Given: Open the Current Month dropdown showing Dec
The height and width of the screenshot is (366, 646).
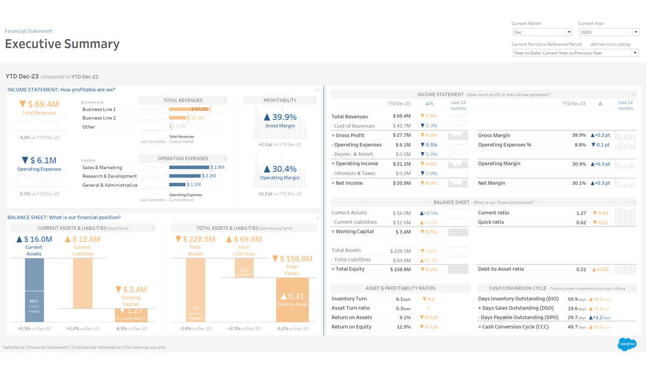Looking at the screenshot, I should pos(542,32).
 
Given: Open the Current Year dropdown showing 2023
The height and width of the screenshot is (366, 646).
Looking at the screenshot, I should pos(608,32).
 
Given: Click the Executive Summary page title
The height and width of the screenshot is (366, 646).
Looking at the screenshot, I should pos(62,44).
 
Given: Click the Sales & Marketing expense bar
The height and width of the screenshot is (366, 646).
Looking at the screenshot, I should pos(189,167).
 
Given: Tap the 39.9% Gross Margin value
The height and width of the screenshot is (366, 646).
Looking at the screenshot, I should pos(280,117).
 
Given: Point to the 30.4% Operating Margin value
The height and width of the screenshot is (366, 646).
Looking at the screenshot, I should pos(280,169).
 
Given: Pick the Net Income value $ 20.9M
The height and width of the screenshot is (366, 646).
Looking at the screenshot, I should pos(402,183).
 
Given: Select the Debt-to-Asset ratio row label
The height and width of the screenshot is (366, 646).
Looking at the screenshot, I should pos(501,269).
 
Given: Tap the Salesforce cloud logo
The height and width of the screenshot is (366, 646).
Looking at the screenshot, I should pos(627,344).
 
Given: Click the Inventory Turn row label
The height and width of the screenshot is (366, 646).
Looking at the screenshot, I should pos(349,299).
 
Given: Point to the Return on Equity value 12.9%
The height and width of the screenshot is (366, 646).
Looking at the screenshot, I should pos(403,327).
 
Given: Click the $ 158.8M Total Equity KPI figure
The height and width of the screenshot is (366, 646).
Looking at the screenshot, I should pos(292,259).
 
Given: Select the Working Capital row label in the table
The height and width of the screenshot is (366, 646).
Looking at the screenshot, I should pos(354,232).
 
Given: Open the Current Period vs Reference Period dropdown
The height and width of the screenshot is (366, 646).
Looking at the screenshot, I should pos(575,53).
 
